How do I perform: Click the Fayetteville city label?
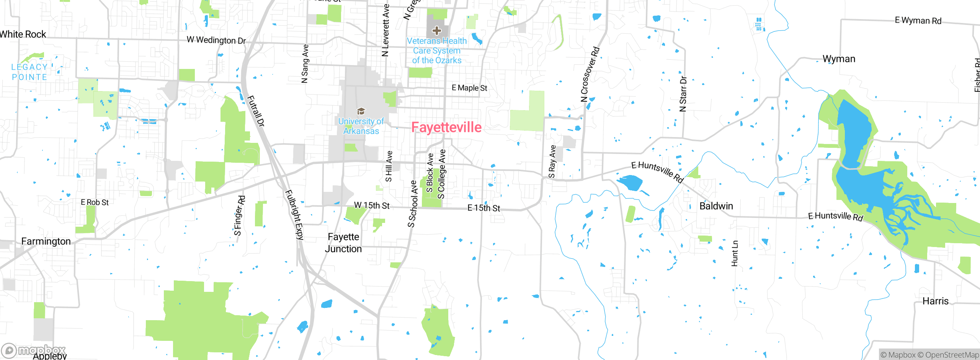point(446,127)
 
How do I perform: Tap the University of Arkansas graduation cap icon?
point(361,111)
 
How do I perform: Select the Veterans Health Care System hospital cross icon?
point(436,31)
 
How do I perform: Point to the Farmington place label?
point(46,241)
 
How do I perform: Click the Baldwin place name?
point(716,206)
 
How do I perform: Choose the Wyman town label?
point(839,59)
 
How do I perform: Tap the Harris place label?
point(935,301)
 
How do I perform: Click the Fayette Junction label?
point(343,243)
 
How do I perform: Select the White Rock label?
point(23,34)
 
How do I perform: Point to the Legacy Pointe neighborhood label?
point(29,72)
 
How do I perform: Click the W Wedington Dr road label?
point(216,40)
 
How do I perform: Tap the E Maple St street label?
point(469,88)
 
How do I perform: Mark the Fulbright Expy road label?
point(294,214)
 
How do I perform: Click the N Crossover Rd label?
point(590,74)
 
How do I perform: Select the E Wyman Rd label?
point(918,21)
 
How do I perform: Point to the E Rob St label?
point(95,202)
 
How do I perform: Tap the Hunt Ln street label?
point(735,254)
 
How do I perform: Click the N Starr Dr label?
point(683,94)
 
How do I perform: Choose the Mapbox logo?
point(34,350)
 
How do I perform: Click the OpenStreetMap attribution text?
point(952,355)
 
